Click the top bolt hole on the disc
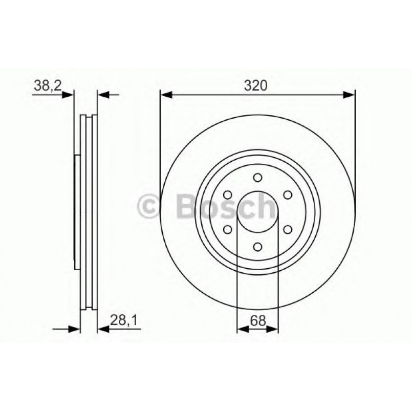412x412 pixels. point(257,178)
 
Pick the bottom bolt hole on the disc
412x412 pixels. point(257,247)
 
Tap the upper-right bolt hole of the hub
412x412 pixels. point(288,195)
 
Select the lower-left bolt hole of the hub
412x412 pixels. point(227,230)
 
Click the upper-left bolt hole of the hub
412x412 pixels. point(227,195)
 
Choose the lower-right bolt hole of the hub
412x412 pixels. point(288,230)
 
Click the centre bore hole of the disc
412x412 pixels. point(257,212)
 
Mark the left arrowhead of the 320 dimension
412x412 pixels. point(165,94)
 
